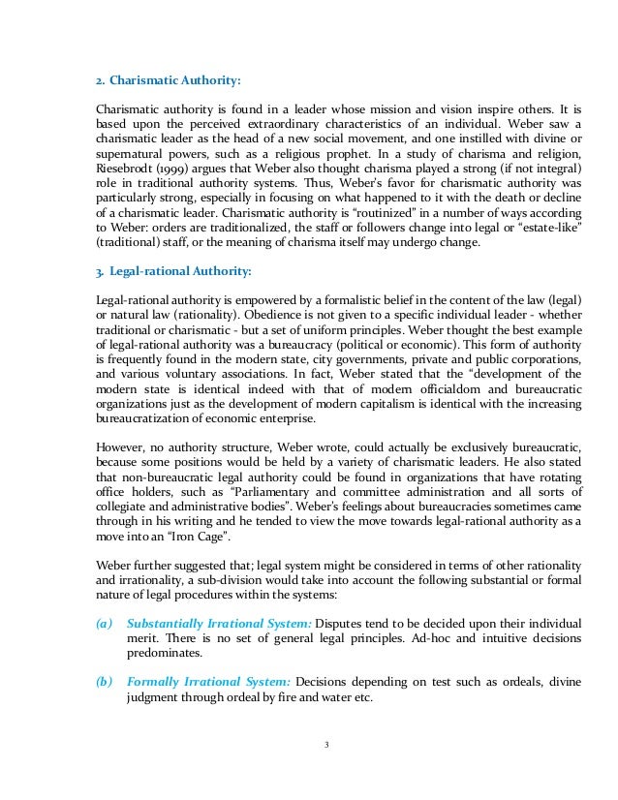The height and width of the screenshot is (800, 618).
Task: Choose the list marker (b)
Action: pyautogui.click(x=105, y=682)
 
